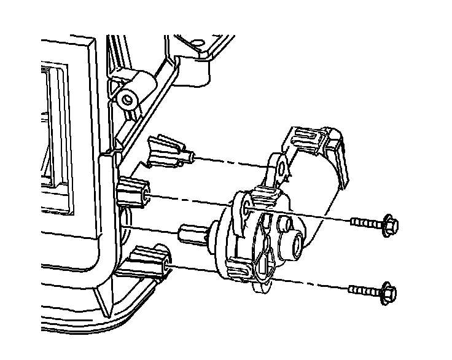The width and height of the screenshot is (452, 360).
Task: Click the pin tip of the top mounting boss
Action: click(192, 158)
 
